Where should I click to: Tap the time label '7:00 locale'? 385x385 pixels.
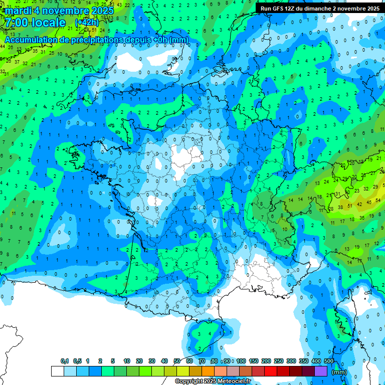(34, 23)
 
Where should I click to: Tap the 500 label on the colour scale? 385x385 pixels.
(329, 361)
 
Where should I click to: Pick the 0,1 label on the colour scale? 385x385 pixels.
(65, 361)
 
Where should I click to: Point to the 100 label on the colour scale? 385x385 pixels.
(241, 361)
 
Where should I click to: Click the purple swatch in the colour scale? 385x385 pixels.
(321, 371)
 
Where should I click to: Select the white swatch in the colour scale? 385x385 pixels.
(58, 371)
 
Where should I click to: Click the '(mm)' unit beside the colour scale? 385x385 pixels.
(340, 372)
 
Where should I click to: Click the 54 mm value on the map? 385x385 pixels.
(378, 200)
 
